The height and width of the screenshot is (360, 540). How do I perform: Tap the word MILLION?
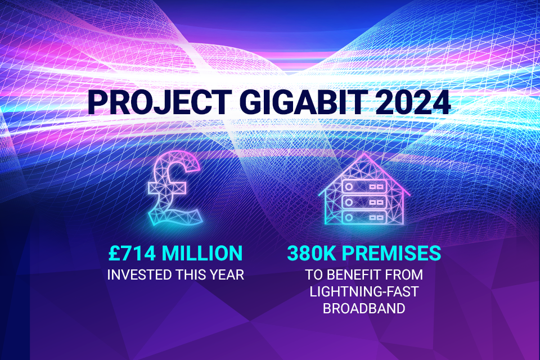click(203, 253)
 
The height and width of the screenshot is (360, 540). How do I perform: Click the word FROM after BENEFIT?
click(405, 276)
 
